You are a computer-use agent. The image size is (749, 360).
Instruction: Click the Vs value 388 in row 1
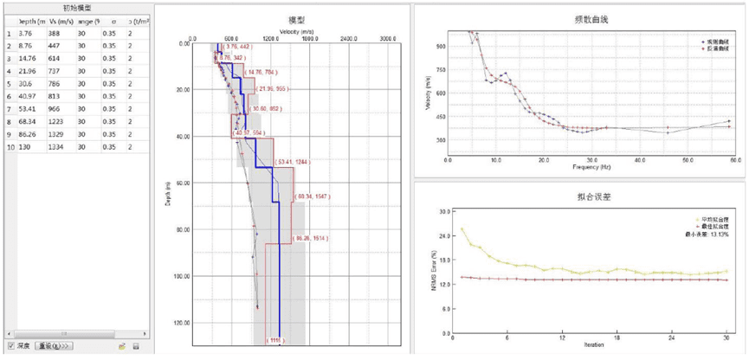click(x=54, y=34)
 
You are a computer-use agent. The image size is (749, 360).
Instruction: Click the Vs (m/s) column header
click(x=60, y=20)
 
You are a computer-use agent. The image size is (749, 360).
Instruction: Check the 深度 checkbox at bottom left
click(x=10, y=346)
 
